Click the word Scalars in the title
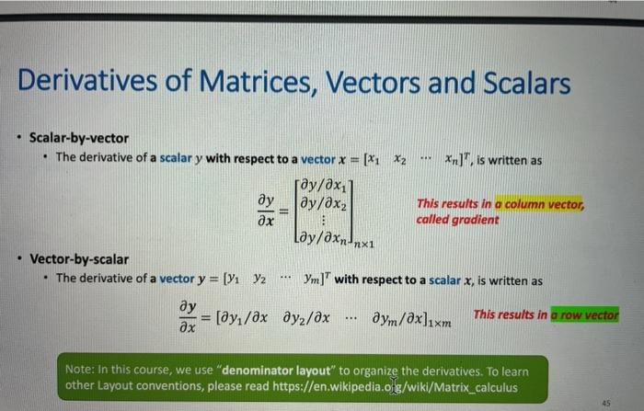coord(526,83)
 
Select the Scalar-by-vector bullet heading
coord(79,138)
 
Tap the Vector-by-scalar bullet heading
coord(79,259)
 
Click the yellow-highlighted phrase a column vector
coord(539,203)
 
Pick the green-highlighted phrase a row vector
coord(584,315)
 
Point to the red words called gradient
coord(457,220)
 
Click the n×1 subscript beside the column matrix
coord(364,245)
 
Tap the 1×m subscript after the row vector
coord(440,323)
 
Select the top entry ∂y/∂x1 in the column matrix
coord(324,186)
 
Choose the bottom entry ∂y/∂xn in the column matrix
coord(326,237)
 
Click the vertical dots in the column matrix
coord(324,221)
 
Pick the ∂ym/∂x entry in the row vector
coord(397,318)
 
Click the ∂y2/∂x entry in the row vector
coord(306,318)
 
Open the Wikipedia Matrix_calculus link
coord(395,387)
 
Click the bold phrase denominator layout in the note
coord(276,371)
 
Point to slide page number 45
coord(606,403)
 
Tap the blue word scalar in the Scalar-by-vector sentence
coord(176,158)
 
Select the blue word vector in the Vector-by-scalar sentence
coord(177,279)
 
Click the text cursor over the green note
coord(393,384)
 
